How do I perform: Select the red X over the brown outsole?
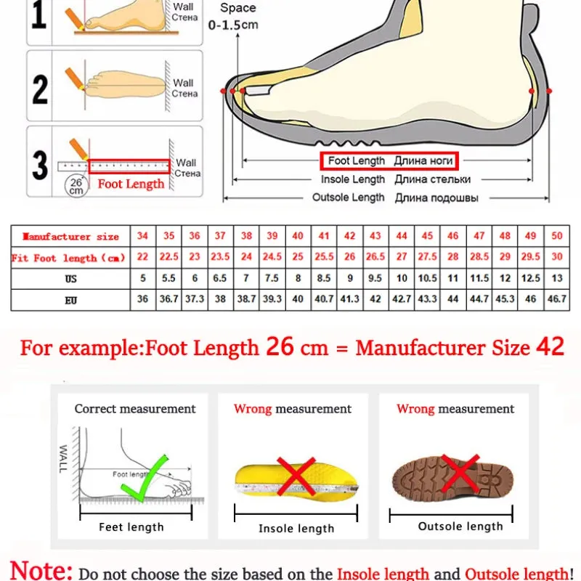coord(460,474)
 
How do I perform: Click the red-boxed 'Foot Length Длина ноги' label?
coord(391,161)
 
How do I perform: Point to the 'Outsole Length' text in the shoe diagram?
coord(349,198)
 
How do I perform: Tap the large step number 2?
coord(41,89)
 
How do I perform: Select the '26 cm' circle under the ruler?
coord(76,186)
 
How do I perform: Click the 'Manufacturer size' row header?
coord(70,237)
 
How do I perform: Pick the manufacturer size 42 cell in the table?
coord(349,237)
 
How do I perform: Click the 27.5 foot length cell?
coord(427,258)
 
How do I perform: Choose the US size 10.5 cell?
coord(427,278)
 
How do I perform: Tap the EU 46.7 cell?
coord(557,298)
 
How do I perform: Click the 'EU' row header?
coord(70,298)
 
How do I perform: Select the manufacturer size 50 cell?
coord(557,237)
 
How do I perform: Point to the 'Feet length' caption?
coord(131,527)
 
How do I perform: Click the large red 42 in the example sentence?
coord(550,346)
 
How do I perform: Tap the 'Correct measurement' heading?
coord(135,409)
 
